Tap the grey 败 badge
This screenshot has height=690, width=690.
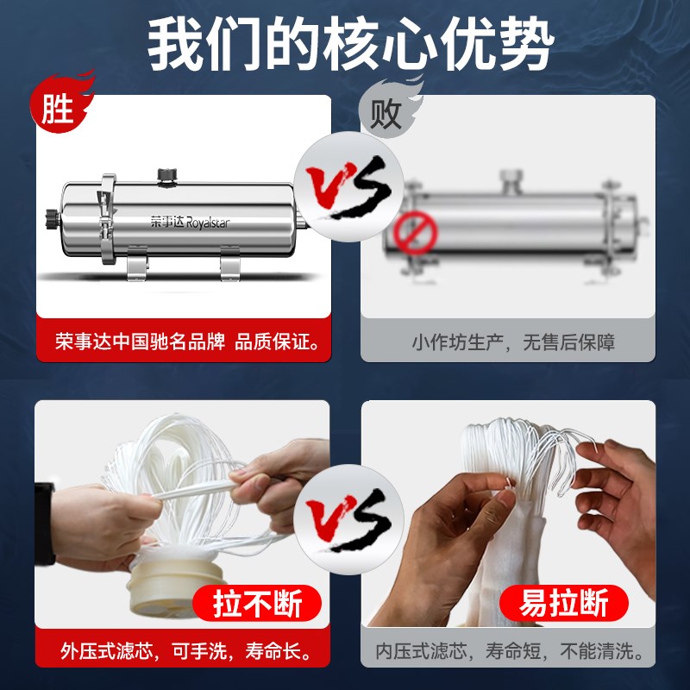pyautogui.click(x=385, y=112)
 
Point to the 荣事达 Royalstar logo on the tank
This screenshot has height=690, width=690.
pyautogui.click(x=190, y=222)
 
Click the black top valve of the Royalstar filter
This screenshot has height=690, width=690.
pyautogui.click(x=166, y=176)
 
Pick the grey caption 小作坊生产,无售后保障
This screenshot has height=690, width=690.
pyautogui.click(x=512, y=342)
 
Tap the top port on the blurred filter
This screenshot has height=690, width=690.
pyautogui.click(x=511, y=181)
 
